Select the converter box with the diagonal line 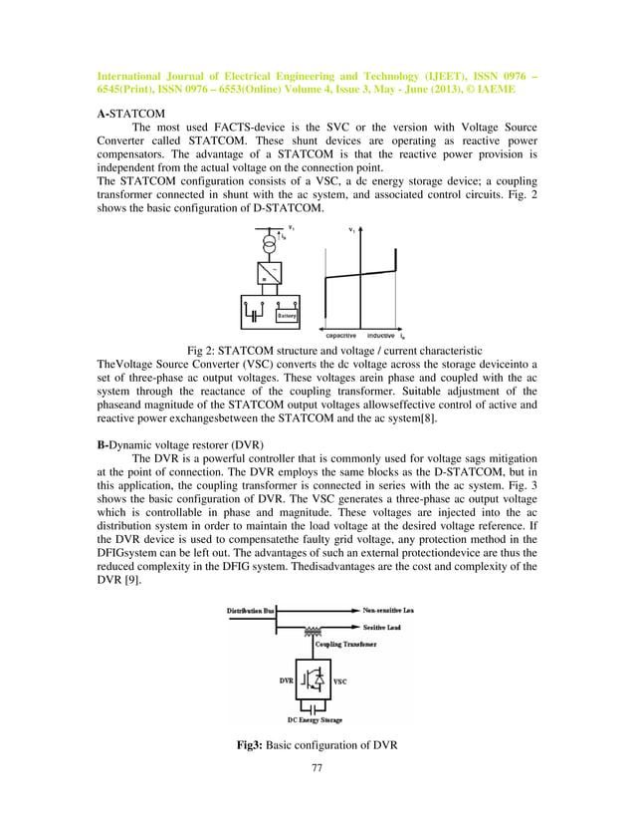click(267, 273)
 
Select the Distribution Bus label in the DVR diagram click(250, 608)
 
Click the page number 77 click(317, 768)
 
